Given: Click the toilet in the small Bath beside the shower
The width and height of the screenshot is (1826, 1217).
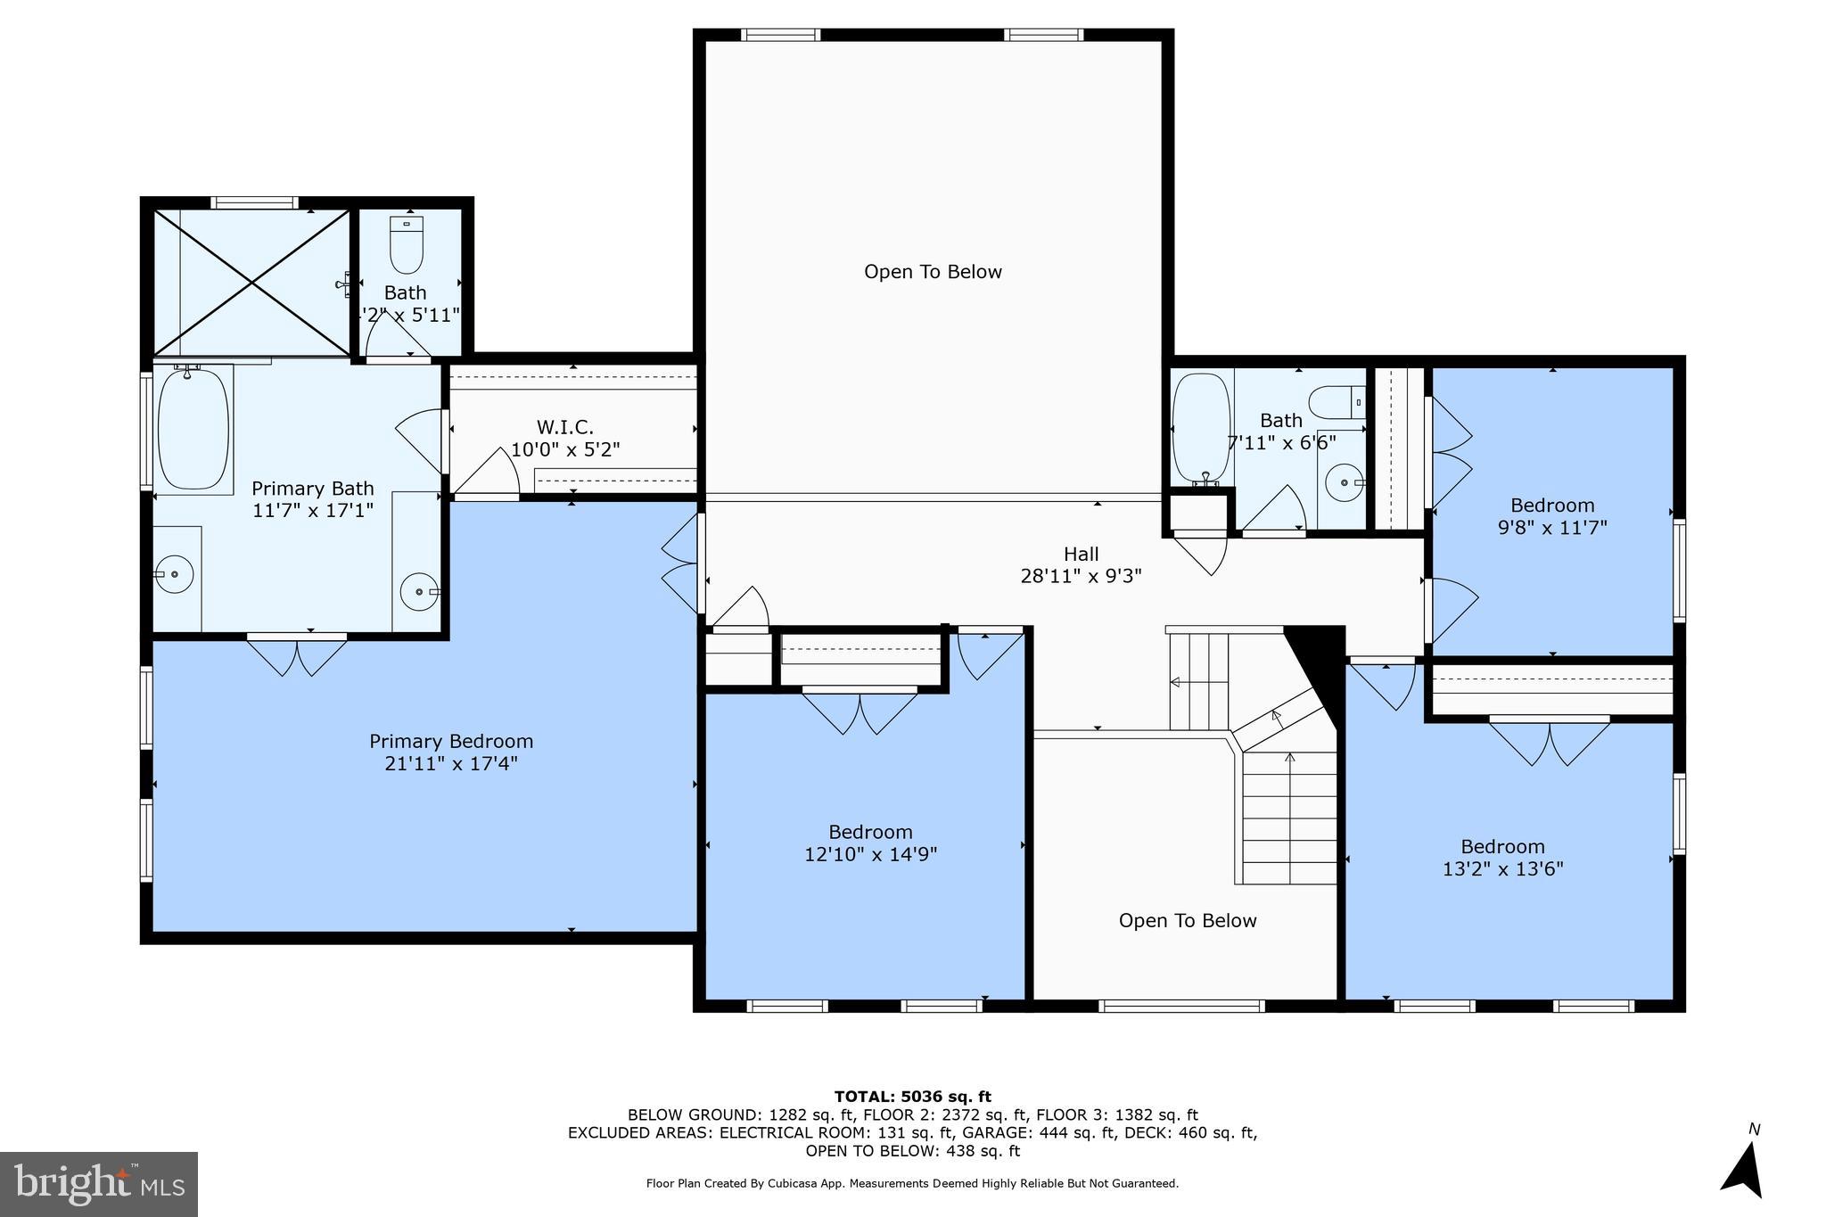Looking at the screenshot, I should pos(407,246).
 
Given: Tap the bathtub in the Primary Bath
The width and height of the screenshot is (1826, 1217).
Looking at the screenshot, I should pos(193,430).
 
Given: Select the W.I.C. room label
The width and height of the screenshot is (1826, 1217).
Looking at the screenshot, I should pos(564,427).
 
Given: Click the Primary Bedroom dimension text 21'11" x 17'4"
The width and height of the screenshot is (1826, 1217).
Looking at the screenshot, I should pos(451,764).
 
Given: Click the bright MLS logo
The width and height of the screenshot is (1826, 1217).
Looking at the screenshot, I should pos(99,1184).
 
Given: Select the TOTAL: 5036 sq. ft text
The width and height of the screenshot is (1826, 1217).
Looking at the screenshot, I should pos(912,1097).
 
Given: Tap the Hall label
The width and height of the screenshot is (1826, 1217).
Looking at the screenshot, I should pos(1081,554).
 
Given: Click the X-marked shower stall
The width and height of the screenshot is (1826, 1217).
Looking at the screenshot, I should pos(252,283).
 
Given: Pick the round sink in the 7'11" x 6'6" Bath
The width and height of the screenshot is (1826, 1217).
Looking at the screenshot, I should pos(1344,482).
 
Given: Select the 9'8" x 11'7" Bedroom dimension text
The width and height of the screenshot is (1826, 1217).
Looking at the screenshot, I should pos(1552,528).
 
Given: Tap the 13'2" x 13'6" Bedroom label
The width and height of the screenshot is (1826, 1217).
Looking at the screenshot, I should pos(1502,846).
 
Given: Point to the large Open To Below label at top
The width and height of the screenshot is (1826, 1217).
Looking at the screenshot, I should pos(933,272).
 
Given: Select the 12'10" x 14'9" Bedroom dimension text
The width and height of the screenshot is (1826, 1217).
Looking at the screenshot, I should pos(870,855).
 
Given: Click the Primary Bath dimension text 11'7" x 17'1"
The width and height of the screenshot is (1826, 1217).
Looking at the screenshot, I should pos(312,511).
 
